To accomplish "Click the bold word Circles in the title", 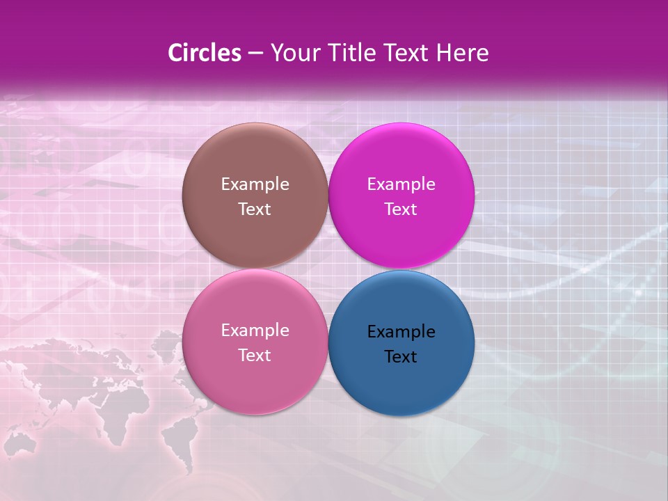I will pos(205,53).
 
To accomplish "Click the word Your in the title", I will pos(294,53).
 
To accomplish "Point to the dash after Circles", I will pos(255,54).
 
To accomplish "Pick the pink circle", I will pos(255,379).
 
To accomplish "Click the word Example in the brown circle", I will pos(255,184).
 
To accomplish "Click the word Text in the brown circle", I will pos(255,209).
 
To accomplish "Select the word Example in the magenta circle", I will pos(401,184).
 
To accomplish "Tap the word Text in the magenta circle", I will pos(401,209).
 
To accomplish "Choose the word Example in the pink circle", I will pos(255,331).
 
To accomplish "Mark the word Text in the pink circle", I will pos(255,356).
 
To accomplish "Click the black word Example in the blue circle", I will pos(401,332).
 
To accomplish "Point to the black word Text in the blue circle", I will pos(401,357).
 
